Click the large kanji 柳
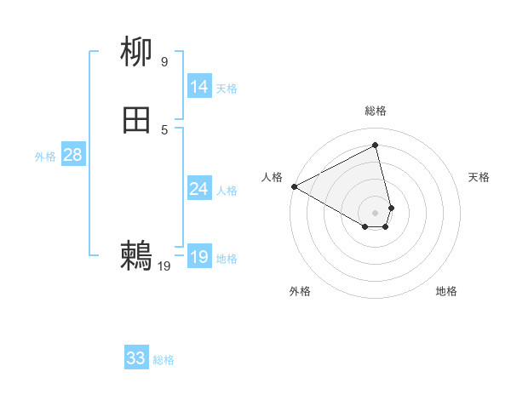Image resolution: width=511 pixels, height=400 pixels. [137, 54]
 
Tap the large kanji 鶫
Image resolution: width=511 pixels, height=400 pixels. [137, 254]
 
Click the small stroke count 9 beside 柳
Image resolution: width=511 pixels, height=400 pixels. [164, 61]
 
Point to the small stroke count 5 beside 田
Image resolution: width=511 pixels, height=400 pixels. [164, 129]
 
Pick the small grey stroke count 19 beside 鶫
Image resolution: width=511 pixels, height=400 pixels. [164, 266]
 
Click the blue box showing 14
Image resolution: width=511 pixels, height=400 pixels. [199, 87]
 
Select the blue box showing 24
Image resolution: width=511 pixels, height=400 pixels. [199, 189]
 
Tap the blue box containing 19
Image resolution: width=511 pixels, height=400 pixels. [199, 257]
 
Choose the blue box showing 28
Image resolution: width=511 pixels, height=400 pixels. [72, 155]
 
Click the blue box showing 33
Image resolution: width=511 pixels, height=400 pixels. [136, 358]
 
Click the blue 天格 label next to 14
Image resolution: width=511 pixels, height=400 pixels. [227, 89]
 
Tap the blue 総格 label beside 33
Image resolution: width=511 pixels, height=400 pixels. [164, 360]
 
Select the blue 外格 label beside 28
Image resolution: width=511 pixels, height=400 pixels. [45, 157]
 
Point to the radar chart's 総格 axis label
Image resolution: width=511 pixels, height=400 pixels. [376, 111]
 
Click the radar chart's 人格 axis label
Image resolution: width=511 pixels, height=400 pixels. [272, 177]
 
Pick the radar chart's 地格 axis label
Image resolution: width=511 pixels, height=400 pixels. [446, 291]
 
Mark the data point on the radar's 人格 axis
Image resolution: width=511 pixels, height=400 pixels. [294, 186]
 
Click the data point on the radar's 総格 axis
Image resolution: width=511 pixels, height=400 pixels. [376, 146]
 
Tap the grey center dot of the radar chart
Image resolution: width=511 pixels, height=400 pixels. [376, 213]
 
